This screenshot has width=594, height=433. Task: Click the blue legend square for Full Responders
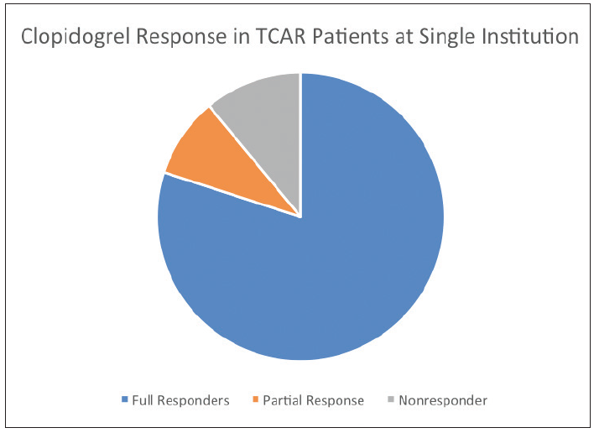(125, 399)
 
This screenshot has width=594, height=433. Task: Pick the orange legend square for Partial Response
(256, 399)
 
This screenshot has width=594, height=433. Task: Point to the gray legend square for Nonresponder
(391, 399)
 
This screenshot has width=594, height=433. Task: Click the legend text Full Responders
(180, 400)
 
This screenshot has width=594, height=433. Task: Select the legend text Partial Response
(313, 400)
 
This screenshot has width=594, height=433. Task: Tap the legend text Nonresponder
(443, 400)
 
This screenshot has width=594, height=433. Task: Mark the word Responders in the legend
(193, 400)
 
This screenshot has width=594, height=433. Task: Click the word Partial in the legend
(281, 400)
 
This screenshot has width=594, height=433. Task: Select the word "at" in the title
(404, 37)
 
